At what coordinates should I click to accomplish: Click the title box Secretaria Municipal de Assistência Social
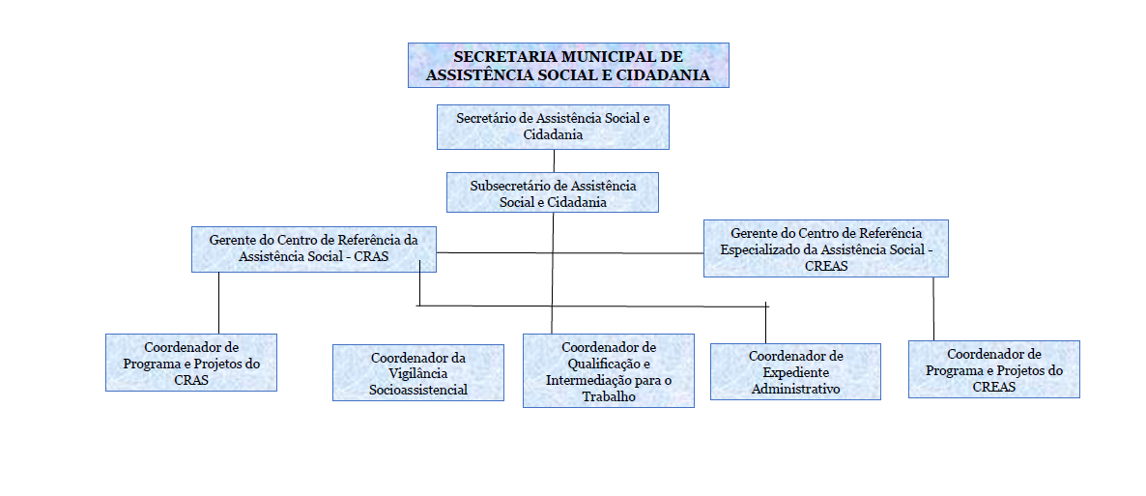click(x=568, y=65)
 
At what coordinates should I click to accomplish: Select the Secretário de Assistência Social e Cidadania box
click(x=554, y=127)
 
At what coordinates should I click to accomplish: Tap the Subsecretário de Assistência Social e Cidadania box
click(x=553, y=192)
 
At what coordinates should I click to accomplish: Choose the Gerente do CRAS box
click(x=313, y=248)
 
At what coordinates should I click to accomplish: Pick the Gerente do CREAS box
click(x=826, y=248)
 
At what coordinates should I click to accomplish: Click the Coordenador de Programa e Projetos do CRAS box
click(x=190, y=363)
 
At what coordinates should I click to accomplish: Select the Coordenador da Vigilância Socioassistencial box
click(x=418, y=372)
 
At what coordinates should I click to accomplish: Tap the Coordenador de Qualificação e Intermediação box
click(x=608, y=370)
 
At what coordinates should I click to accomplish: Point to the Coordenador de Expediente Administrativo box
click(x=795, y=371)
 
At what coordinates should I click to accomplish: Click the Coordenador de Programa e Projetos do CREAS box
click(x=994, y=368)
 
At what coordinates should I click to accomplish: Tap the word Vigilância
click(x=418, y=374)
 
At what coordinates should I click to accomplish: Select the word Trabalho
click(x=608, y=395)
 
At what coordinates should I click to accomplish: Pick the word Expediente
click(x=795, y=371)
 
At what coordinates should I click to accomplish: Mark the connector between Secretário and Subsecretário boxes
click(x=554, y=160)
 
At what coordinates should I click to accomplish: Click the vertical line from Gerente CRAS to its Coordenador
click(x=219, y=303)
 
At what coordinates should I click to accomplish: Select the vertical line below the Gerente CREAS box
click(x=933, y=308)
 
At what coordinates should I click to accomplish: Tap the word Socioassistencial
click(x=418, y=390)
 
